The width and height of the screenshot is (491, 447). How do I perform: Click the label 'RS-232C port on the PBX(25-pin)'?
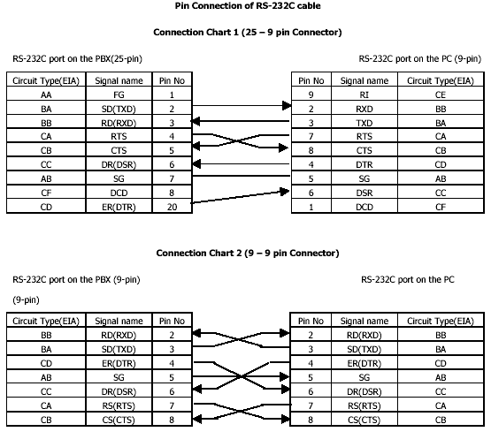pyautogui.click(x=77, y=59)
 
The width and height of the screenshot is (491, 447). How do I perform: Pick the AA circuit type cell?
pyautogui.click(x=46, y=94)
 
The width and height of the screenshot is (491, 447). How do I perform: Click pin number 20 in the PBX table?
pyautogui.click(x=170, y=207)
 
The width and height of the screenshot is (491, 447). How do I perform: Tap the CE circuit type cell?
pyautogui.click(x=440, y=94)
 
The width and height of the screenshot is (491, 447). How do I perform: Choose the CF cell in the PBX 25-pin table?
pyautogui.click(x=46, y=193)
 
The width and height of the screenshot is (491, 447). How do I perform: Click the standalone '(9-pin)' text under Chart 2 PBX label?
pyautogui.click(x=29, y=299)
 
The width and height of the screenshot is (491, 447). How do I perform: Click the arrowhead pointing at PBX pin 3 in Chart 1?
pyautogui.click(x=195, y=122)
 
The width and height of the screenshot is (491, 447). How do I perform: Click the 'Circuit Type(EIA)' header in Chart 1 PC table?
pyautogui.click(x=440, y=80)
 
